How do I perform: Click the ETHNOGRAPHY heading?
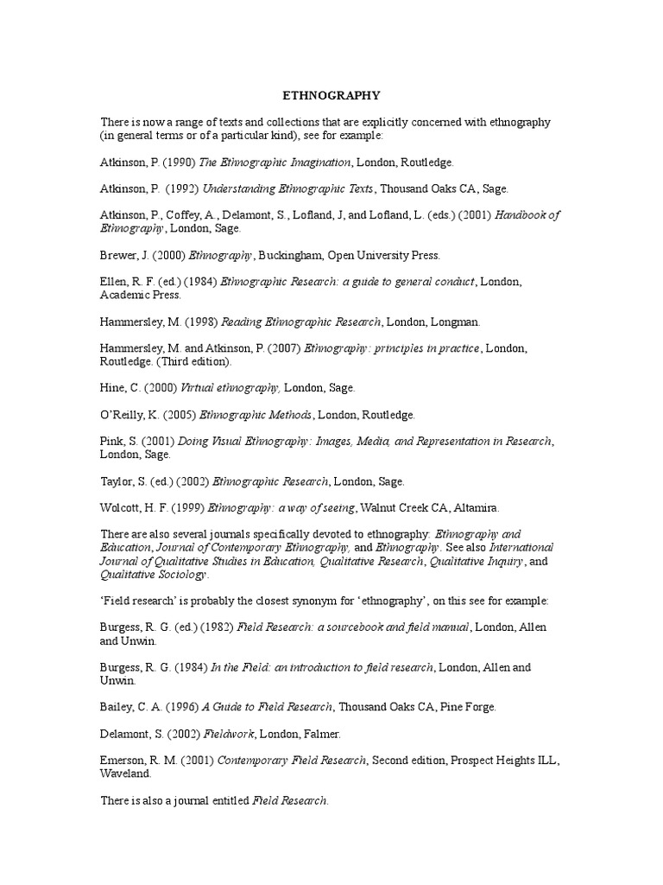tap(332, 94)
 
